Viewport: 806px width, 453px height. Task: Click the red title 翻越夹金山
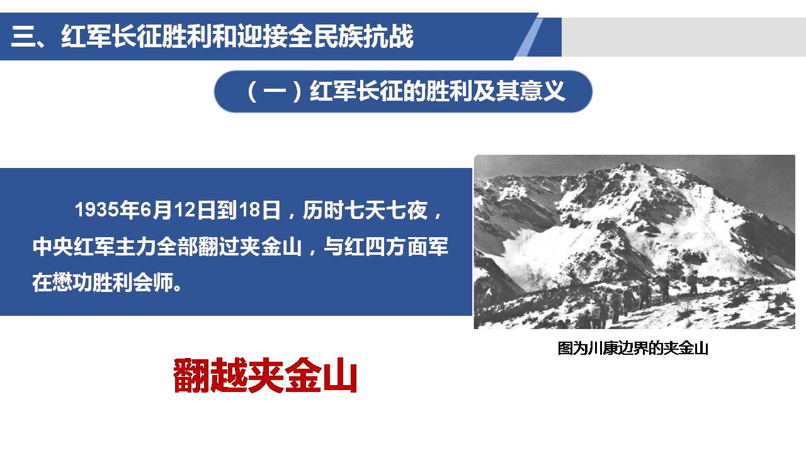tap(265, 376)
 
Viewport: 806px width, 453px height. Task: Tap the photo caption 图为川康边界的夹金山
tap(633, 348)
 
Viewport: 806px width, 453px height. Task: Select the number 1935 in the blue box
tap(97, 210)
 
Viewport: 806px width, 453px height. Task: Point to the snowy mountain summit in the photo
tap(634, 167)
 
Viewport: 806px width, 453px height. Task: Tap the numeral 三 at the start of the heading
tap(23, 36)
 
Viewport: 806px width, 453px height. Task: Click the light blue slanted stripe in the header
tap(529, 37)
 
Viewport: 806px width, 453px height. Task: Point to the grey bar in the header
tap(684, 37)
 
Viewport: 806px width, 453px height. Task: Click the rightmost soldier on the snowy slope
tap(693, 283)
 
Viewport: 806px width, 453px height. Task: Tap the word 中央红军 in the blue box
tap(74, 247)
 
